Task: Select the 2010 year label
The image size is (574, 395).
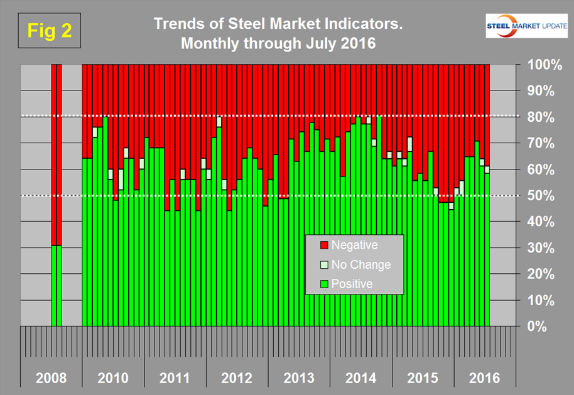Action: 113,379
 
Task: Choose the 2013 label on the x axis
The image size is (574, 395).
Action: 300,379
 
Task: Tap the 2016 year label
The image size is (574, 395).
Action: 485,379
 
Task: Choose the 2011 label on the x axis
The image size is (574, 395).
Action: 175,379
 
